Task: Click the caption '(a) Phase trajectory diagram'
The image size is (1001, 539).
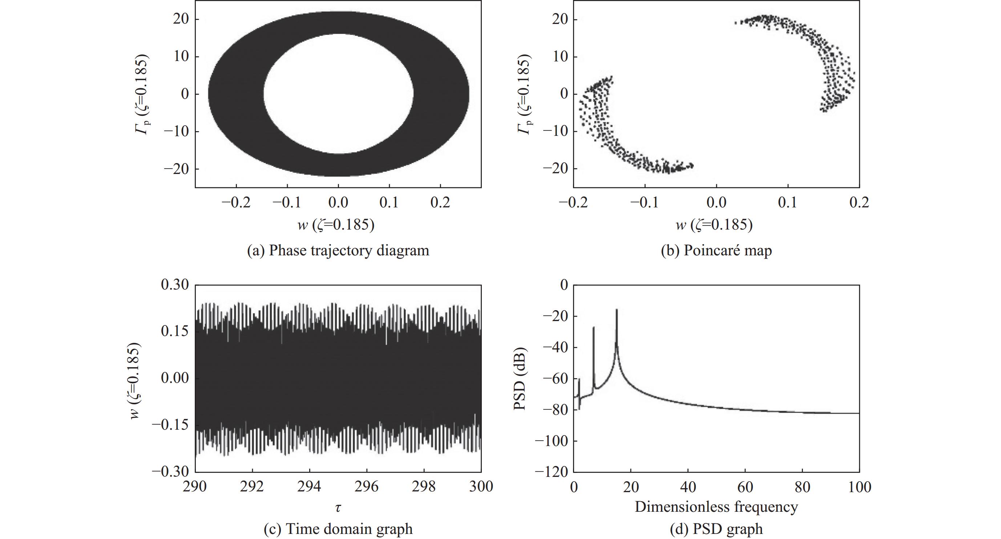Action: coord(338,251)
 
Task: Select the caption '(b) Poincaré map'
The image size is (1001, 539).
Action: coord(716,251)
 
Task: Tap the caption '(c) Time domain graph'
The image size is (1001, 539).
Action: coord(338,529)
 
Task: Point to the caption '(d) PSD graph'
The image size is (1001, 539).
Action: coord(716,529)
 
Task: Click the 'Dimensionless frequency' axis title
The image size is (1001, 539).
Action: coord(716,507)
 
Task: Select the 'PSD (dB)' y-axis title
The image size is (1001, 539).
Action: coord(520,378)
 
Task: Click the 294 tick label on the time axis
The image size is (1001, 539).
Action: coord(309,487)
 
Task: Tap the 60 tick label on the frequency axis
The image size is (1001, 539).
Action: coord(745,487)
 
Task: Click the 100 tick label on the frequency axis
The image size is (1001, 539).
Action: coord(859,487)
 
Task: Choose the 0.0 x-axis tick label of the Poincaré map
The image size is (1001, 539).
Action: coord(716,202)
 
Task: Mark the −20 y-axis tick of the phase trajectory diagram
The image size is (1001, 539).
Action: coord(176,169)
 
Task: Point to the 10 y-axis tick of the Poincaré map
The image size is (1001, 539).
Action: coord(560,57)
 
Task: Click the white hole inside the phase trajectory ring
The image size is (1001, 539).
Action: coord(338,94)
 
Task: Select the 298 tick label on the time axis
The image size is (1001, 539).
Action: coord(424,487)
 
